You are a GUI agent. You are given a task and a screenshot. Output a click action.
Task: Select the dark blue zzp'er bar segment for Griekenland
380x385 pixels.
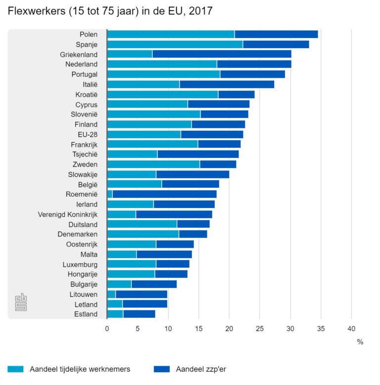click(222, 55)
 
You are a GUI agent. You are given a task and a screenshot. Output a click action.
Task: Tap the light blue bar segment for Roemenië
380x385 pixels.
click(110, 194)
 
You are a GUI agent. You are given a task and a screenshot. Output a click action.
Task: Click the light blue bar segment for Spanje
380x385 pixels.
click(175, 45)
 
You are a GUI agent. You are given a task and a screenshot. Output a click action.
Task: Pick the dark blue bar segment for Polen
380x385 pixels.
click(276, 34)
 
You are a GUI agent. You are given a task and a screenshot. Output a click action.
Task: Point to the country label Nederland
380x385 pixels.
click(81, 64)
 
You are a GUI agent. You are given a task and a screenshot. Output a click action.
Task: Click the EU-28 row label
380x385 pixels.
click(87, 134)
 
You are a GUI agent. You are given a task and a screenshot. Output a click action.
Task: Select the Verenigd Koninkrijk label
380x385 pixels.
click(68, 214)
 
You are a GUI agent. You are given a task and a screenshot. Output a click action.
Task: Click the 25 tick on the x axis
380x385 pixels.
click(260, 328)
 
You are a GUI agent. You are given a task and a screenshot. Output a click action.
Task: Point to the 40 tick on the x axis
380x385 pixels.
click(351, 328)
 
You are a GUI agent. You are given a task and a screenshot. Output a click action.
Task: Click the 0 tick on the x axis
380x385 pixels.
click(107, 328)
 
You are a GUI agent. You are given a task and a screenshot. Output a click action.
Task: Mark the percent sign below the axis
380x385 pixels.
click(360, 342)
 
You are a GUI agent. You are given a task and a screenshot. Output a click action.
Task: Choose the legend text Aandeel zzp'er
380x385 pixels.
click(201, 369)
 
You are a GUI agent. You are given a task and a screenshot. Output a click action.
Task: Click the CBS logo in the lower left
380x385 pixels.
click(21, 302)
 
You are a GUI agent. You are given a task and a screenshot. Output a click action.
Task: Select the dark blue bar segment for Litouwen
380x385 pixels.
click(141, 294)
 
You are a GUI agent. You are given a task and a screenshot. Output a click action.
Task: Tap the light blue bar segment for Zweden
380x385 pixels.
click(153, 164)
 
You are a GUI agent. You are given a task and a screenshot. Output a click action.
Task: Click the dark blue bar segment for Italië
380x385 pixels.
click(227, 84)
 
